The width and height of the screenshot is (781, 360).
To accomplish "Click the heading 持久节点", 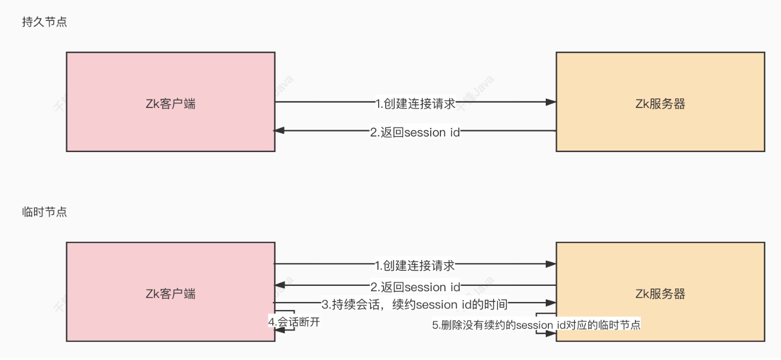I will coord(45,23).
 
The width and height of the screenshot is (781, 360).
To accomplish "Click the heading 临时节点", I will coord(45,212).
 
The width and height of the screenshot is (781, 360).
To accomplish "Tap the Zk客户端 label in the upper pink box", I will coord(170,104).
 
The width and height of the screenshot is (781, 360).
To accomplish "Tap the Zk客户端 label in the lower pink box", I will coord(170,294).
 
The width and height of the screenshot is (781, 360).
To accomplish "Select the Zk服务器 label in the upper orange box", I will coord(660,104).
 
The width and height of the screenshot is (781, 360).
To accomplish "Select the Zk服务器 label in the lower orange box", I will coord(660,294).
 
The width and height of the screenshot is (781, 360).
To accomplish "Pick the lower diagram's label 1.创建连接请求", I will coord(415,265).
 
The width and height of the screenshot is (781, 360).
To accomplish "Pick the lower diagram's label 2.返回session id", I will coord(415,287).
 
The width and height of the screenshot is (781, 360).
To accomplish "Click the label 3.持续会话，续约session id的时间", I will coord(414,305).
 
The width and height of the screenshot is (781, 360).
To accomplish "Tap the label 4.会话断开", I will coord(297,321).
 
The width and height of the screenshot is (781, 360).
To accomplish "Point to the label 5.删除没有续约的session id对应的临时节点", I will coord(536,325).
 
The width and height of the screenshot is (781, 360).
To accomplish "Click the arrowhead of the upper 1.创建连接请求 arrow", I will coord(551,102).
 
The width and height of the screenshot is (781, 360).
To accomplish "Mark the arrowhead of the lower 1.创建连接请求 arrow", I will coord(551,264).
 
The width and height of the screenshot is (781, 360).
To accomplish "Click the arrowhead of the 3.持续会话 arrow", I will coord(551,303).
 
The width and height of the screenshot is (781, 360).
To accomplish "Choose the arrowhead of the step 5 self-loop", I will coord(551,334).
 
